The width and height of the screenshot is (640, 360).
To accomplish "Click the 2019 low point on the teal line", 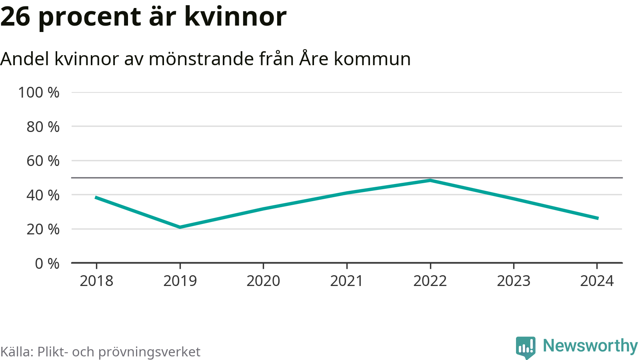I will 180,227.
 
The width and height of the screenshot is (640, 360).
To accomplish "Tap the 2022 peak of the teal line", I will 430,180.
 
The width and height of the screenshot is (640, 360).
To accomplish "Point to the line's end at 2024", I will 598,218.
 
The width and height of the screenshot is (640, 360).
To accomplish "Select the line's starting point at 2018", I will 96,197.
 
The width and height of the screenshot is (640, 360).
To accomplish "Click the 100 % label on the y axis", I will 39,92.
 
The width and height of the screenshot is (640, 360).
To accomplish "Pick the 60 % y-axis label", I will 43,161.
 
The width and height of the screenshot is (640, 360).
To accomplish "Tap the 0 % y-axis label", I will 47,264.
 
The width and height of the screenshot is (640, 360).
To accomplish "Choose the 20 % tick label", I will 43,229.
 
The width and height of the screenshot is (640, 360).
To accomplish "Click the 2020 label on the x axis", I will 263,281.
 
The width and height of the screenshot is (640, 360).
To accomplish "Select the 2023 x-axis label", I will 514,281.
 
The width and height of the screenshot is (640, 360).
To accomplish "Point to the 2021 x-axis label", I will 346,281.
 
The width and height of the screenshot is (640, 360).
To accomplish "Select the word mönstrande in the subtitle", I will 201,59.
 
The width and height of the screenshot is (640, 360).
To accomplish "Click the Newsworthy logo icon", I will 526,347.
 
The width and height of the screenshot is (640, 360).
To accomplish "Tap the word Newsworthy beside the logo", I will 590,346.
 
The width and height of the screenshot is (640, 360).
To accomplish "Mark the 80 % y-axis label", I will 43,127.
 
